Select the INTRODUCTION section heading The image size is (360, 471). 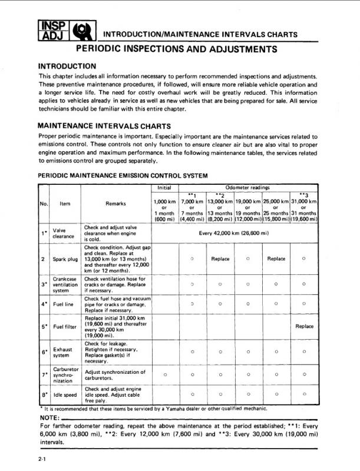click(67, 66)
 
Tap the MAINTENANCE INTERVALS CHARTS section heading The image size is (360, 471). click(104, 125)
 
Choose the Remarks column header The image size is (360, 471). click(114, 204)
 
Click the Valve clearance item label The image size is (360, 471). click(60, 234)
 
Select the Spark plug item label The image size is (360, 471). click(64, 258)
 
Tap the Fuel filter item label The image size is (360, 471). click(64, 326)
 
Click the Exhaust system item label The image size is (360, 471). click(62, 352)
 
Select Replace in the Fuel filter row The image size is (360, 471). click(304, 326)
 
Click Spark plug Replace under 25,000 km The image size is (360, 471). click(276, 258)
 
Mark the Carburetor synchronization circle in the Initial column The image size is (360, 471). click(164, 374)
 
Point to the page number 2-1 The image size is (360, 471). click(42, 457)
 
